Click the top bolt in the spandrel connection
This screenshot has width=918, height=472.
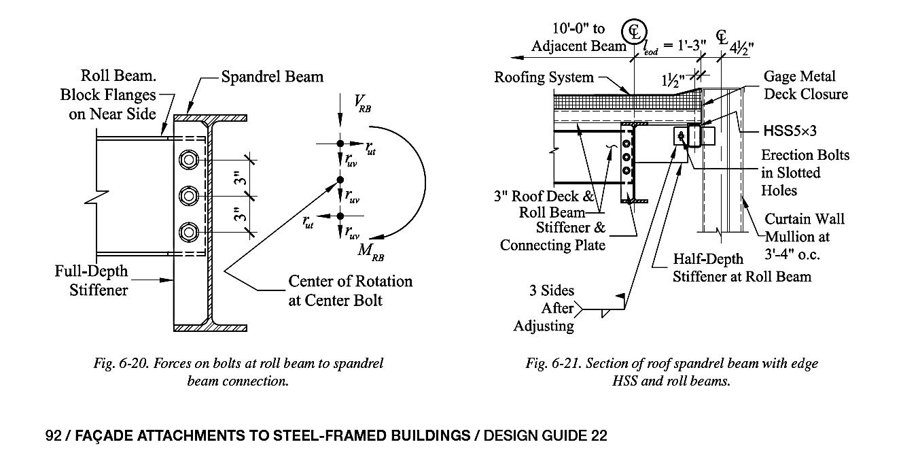tap(189, 160)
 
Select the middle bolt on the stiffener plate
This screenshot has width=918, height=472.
tap(189, 196)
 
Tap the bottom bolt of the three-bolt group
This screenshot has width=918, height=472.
tap(189, 232)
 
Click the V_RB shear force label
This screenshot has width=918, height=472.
tap(362, 103)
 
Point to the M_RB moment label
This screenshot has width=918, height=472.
tap(370, 252)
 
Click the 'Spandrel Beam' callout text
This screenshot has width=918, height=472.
tap(272, 77)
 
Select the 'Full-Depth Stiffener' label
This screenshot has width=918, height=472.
tap(91, 280)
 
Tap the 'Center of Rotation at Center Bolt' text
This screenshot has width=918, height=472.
tap(351, 290)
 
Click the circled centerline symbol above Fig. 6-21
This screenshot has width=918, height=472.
tap(634, 31)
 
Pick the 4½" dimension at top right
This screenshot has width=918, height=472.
tap(741, 48)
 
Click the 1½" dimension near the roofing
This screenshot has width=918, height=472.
tap(673, 80)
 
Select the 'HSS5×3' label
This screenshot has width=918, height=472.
tap(790, 131)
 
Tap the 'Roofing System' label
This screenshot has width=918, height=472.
tap(544, 77)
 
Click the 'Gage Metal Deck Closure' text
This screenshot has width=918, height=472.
tap(805, 85)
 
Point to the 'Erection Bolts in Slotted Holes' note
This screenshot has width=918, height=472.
tap(805, 173)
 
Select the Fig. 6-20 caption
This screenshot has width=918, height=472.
tap(238, 372)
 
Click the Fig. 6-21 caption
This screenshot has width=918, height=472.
tap(672, 372)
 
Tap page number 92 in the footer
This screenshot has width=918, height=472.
tap(53, 435)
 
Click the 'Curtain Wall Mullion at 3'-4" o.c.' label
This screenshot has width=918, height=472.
tap(804, 237)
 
